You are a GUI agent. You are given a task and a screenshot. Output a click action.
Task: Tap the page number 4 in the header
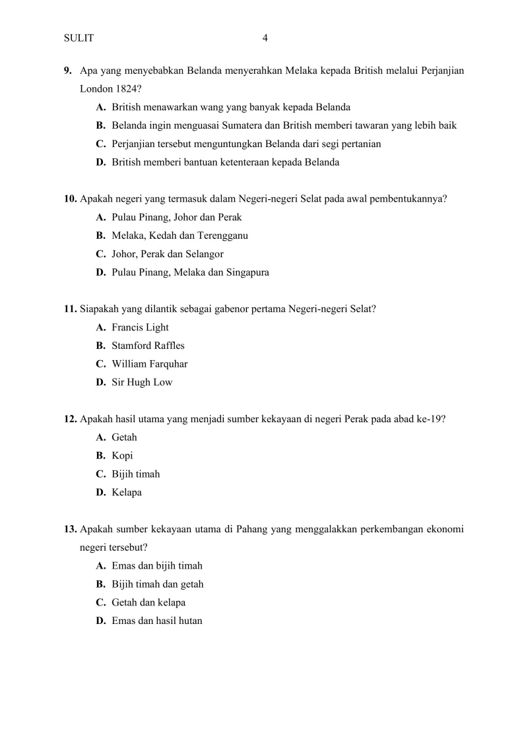tap(265, 38)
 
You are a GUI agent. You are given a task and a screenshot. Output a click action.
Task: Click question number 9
tap(67, 70)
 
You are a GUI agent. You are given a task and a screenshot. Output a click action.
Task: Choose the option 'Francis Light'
tap(140, 327)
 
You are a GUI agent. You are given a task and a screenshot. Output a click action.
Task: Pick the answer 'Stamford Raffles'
tap(148, 346)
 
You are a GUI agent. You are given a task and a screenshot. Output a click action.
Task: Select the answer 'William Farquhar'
tap(150, 364)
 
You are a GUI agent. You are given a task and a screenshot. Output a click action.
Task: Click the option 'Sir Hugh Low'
tap(142, 383)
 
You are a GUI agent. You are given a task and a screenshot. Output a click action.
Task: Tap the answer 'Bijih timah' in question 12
tap(136, 474)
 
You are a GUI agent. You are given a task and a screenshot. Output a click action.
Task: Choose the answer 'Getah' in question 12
tap(125, 437)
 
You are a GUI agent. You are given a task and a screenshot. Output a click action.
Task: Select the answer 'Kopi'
tap(122, 456)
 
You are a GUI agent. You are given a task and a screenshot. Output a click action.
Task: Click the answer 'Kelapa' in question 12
tap(127, 492)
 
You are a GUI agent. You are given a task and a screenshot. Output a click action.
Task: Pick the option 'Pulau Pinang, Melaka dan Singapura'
tap(190, 272)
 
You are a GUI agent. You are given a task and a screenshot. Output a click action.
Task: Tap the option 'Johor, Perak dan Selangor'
tap(168, 254)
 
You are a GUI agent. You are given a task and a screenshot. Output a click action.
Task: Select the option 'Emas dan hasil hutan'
tap(157, 621)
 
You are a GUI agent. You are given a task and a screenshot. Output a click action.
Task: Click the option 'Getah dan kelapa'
tap(148, 602)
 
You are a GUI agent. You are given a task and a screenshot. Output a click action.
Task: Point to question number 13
tap(71, 529)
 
